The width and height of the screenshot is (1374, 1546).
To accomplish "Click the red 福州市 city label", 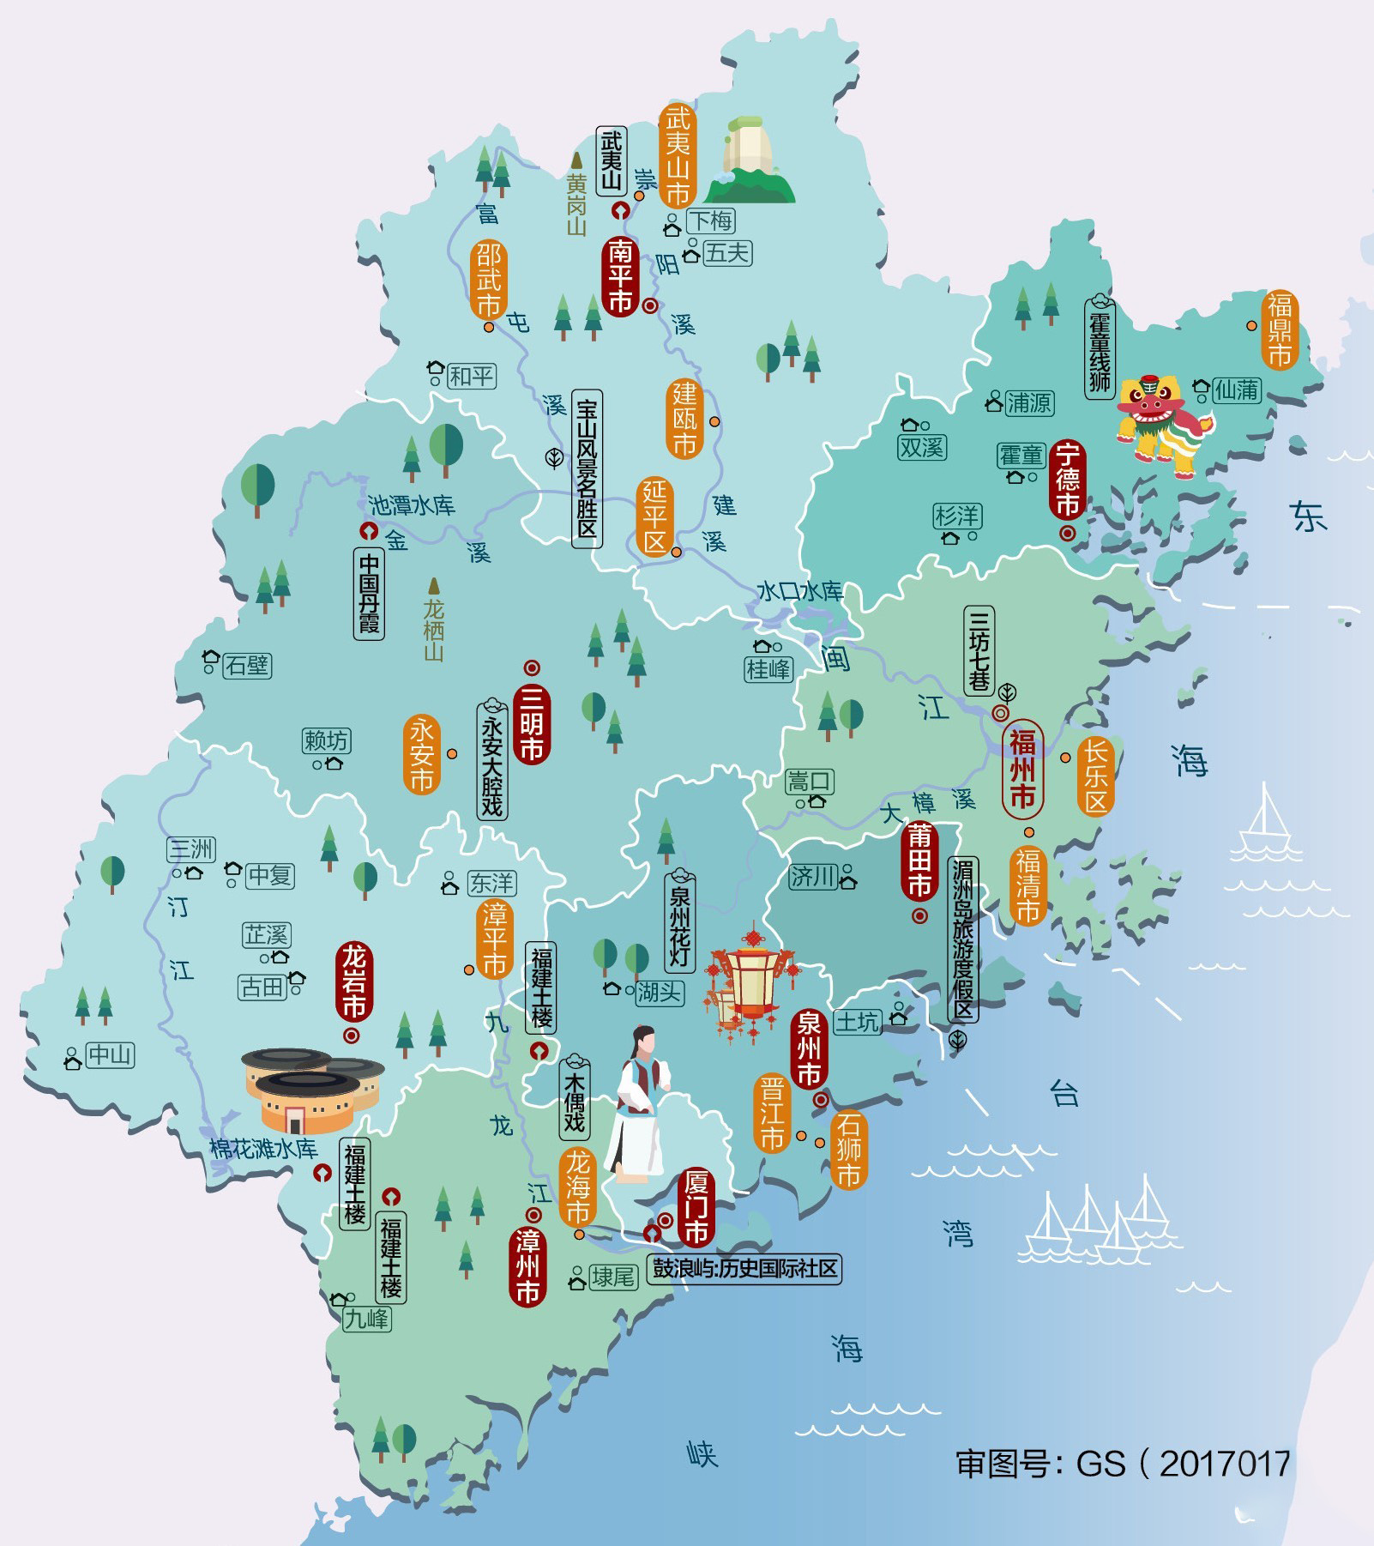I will point(1022,769).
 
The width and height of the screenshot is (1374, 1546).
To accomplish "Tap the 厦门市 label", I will point(696,1207).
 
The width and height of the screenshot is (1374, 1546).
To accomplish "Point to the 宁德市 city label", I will point(1068,480).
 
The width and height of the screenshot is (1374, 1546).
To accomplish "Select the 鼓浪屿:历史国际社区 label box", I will point(744,1268).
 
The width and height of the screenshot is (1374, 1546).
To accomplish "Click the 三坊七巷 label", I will point(979,650).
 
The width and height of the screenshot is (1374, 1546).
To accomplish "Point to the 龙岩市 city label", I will point(353,981).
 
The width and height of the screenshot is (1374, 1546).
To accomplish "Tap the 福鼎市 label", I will point(1280,329).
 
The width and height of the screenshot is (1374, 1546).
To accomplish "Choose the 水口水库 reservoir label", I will point(799,591).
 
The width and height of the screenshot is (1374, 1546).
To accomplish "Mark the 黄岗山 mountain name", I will point(576,204).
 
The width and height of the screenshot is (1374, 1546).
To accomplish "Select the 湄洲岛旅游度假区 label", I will point(962,939).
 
